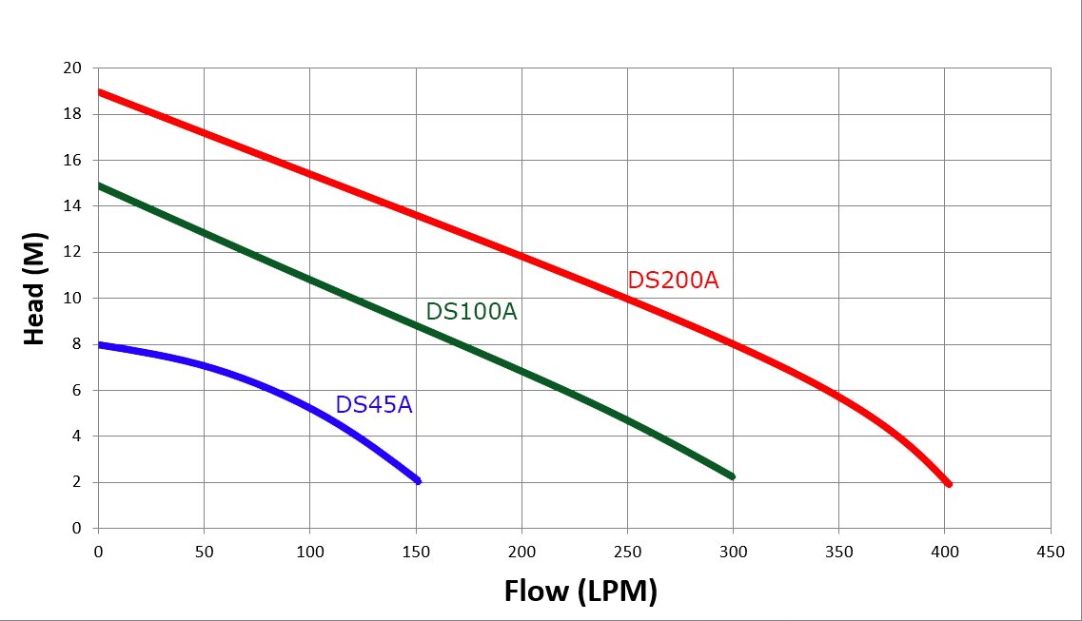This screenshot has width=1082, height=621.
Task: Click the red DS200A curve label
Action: (673, 281)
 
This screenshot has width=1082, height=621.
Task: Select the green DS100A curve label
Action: (471, 311)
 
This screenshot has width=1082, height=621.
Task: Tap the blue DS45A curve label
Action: (374, 404)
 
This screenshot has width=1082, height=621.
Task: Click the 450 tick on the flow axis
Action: (1050, 551)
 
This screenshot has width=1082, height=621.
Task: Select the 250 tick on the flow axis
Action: (627, 551)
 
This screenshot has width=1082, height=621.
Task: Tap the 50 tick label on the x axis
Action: (204, 551)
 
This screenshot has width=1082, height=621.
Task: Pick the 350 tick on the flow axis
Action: (838, 551)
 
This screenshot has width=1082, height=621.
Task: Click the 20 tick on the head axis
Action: (73, 68)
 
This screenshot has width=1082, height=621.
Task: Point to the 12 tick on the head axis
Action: (73, 253)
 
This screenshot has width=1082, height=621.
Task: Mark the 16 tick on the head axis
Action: (73, 161)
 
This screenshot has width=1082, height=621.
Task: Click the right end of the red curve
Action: (949, 484)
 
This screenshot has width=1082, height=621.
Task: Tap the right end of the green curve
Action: (733, 476)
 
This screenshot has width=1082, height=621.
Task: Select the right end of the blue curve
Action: (418, 481)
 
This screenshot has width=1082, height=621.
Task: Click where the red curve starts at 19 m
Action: (100, 92)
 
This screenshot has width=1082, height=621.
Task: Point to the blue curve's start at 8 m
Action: (100, 344)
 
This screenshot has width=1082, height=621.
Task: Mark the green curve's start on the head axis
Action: (100, 186)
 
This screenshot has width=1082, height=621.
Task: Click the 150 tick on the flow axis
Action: (416, 551)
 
